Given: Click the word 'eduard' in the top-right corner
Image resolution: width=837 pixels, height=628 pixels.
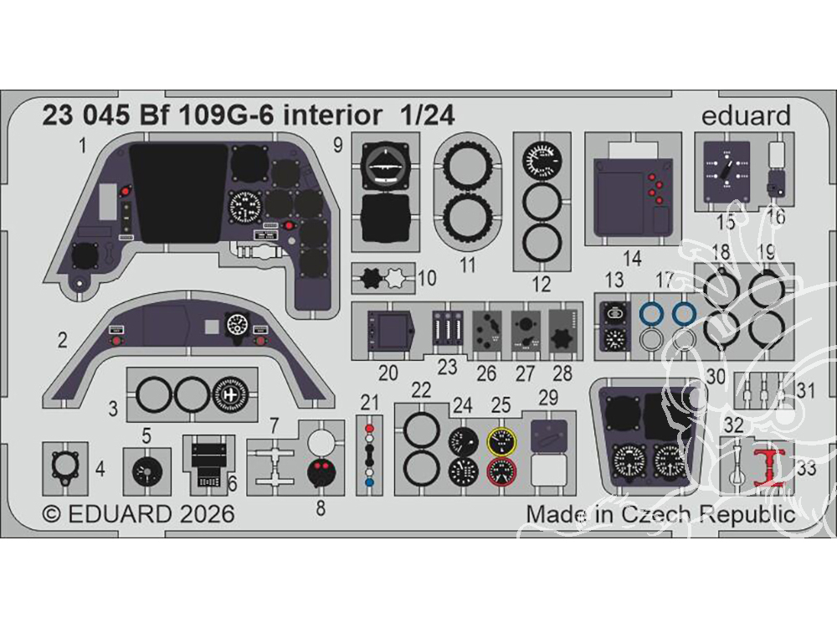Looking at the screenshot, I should coord(747,116).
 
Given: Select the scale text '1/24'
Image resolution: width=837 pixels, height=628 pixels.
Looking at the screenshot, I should coord(427,117).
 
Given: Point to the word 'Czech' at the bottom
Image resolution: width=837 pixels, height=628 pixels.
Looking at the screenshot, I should coord(651,513).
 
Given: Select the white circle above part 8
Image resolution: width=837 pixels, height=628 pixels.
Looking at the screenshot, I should coord(321,441).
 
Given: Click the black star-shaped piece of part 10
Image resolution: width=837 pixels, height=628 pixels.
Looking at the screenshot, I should coord(369,276).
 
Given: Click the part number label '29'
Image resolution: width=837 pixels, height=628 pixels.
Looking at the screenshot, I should coord(547,395).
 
